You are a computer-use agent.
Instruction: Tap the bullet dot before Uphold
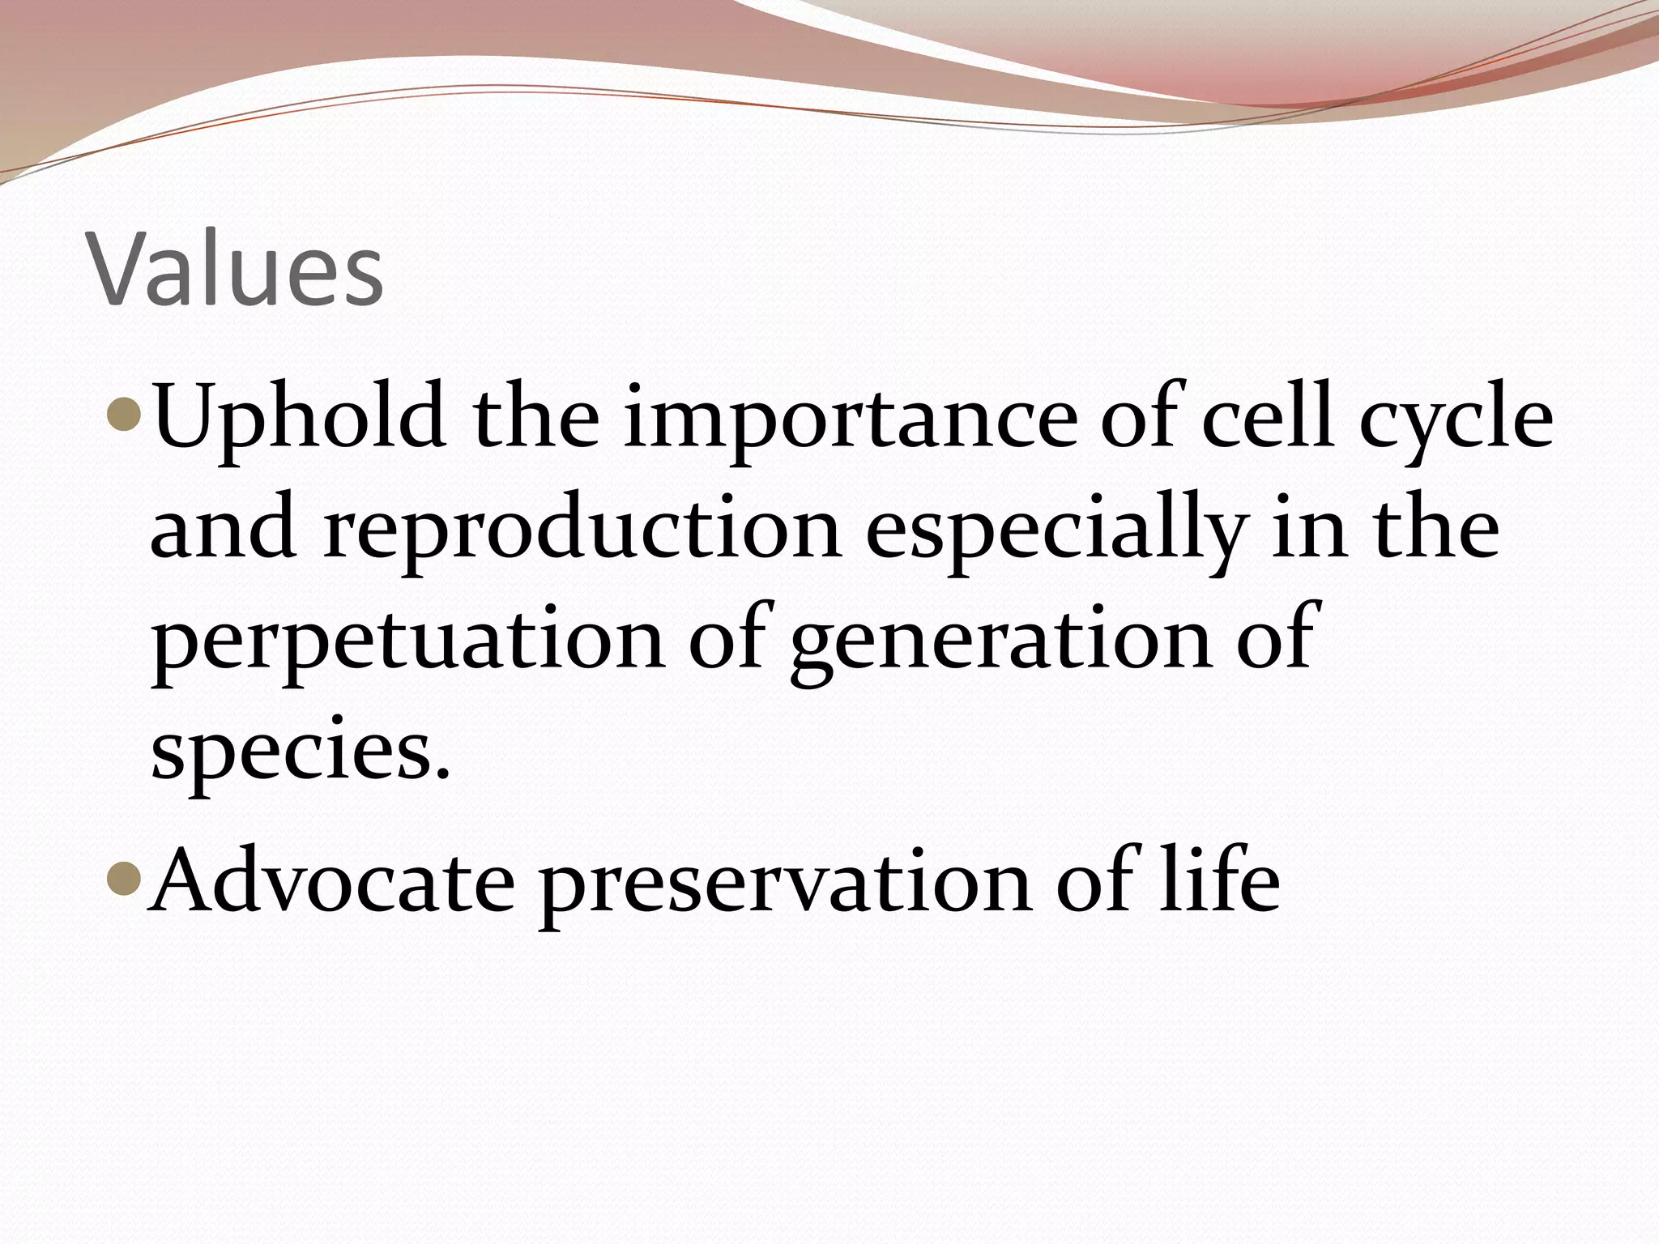126,416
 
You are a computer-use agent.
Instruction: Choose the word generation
983,644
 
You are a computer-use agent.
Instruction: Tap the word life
1218,879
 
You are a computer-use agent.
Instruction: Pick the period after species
441,773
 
